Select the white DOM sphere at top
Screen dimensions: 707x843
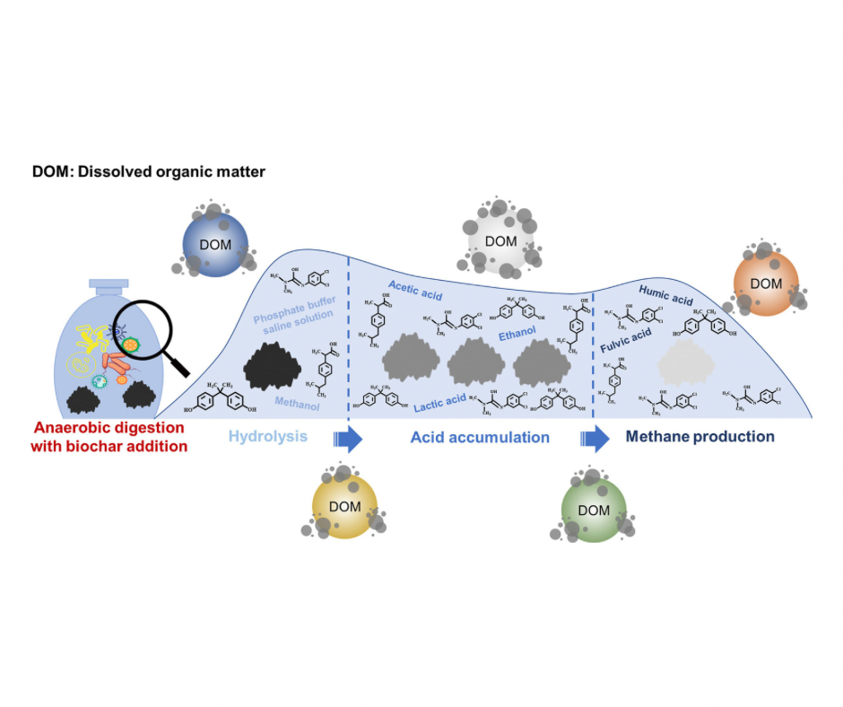click(x=500, y=240)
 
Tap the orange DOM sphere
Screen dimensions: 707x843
click(x=764, y=283)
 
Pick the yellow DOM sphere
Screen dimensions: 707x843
click(x=344, y=507)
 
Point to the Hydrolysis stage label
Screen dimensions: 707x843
click(x=267, y=437)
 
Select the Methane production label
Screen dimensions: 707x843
click(x=700, y=437)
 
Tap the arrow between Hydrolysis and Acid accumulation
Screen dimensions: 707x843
click(x=347, y=438)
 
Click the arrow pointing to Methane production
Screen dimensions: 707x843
click(x=595, y=438)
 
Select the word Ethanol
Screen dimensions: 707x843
click(x=518, y=334)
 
